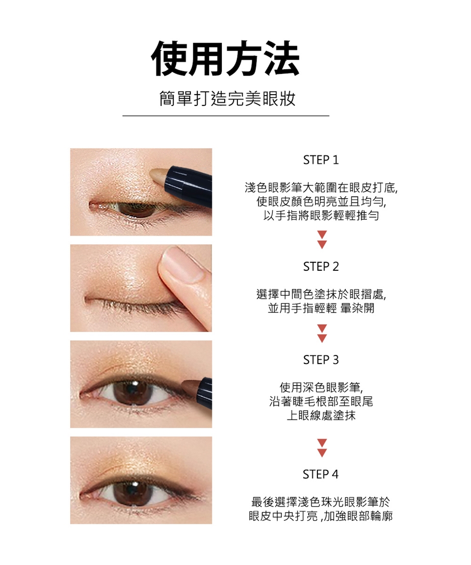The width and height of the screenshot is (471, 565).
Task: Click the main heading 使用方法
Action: point(226,58)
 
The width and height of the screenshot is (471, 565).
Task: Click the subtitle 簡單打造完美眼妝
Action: point(227,99)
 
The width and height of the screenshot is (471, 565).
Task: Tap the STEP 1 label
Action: point(321,160)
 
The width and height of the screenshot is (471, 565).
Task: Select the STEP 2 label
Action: point(321,267)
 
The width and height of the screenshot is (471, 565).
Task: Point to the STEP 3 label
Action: point(321,360)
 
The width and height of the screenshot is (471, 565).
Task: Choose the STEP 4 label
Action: point(320,474)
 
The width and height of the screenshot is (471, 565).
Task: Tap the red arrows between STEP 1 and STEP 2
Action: point(322,240)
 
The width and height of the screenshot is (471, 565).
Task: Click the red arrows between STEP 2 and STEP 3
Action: point(322,333)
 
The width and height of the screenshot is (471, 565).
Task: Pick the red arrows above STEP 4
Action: point(322,448)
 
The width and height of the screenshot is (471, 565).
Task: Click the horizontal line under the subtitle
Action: point(226,116)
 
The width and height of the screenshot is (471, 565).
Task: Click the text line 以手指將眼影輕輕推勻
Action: point(321,215)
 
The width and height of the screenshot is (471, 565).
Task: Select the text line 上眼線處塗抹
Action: point(321,415)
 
